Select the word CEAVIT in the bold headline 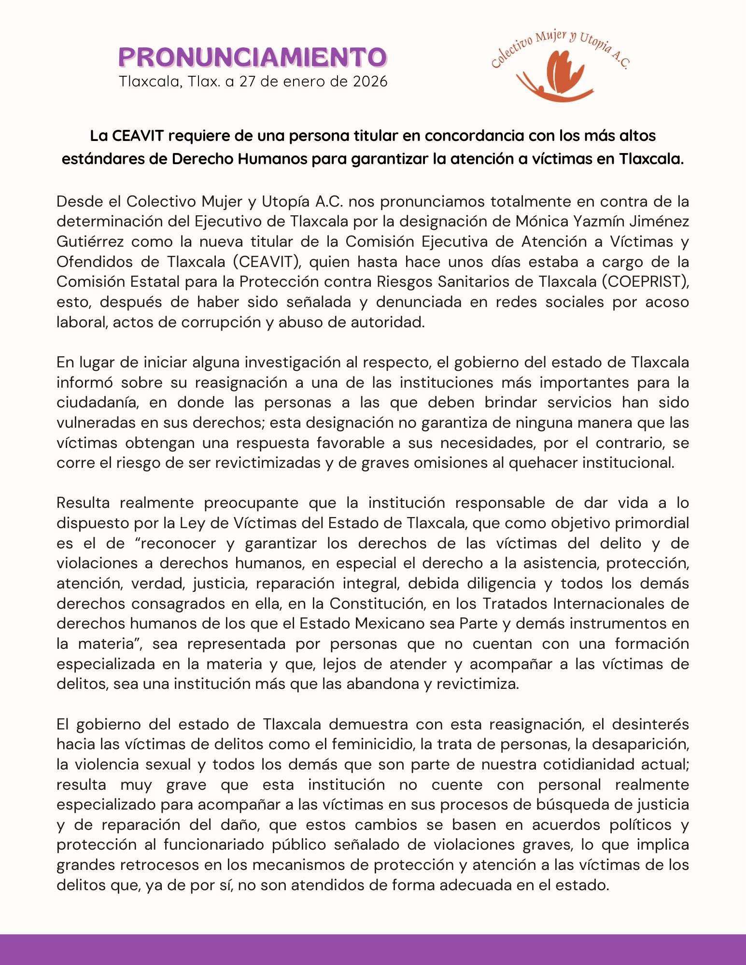coord(137,136)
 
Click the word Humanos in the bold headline coord(270,159)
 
